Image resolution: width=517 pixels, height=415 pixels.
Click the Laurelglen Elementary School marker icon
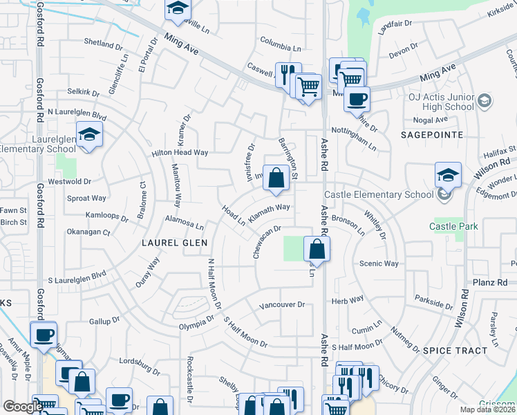[89, 134]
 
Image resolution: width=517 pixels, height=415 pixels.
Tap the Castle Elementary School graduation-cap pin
[448, 176]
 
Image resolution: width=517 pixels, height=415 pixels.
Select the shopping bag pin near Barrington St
[276, 178]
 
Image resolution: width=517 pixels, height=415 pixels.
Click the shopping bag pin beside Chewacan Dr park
[316, 249]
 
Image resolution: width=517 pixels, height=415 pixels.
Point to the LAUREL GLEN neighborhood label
[175, 243]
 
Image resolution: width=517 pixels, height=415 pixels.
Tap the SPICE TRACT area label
[455, 351]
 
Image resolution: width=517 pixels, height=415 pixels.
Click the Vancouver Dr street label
[281, 304]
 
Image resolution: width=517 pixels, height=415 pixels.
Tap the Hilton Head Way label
[180, 152]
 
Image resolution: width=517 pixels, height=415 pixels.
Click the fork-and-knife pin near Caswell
[288, 73]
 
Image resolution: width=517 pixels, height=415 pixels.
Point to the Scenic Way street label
[379, 264]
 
